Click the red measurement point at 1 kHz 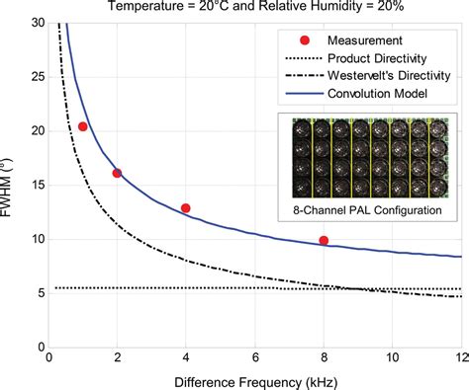83,126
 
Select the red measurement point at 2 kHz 117,173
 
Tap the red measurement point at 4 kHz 186,208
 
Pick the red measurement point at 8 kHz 324,241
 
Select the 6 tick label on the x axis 255,357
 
